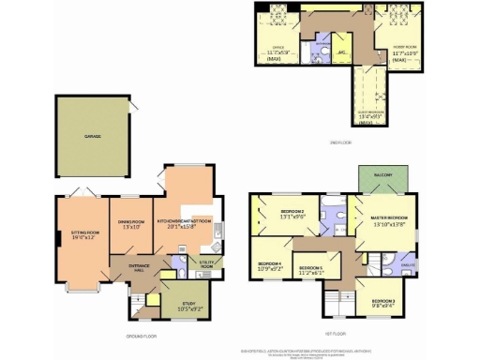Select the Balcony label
click(382, 174)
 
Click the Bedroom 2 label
click(293, 213)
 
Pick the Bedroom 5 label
click(311, 269)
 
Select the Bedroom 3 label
click(382, 301)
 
